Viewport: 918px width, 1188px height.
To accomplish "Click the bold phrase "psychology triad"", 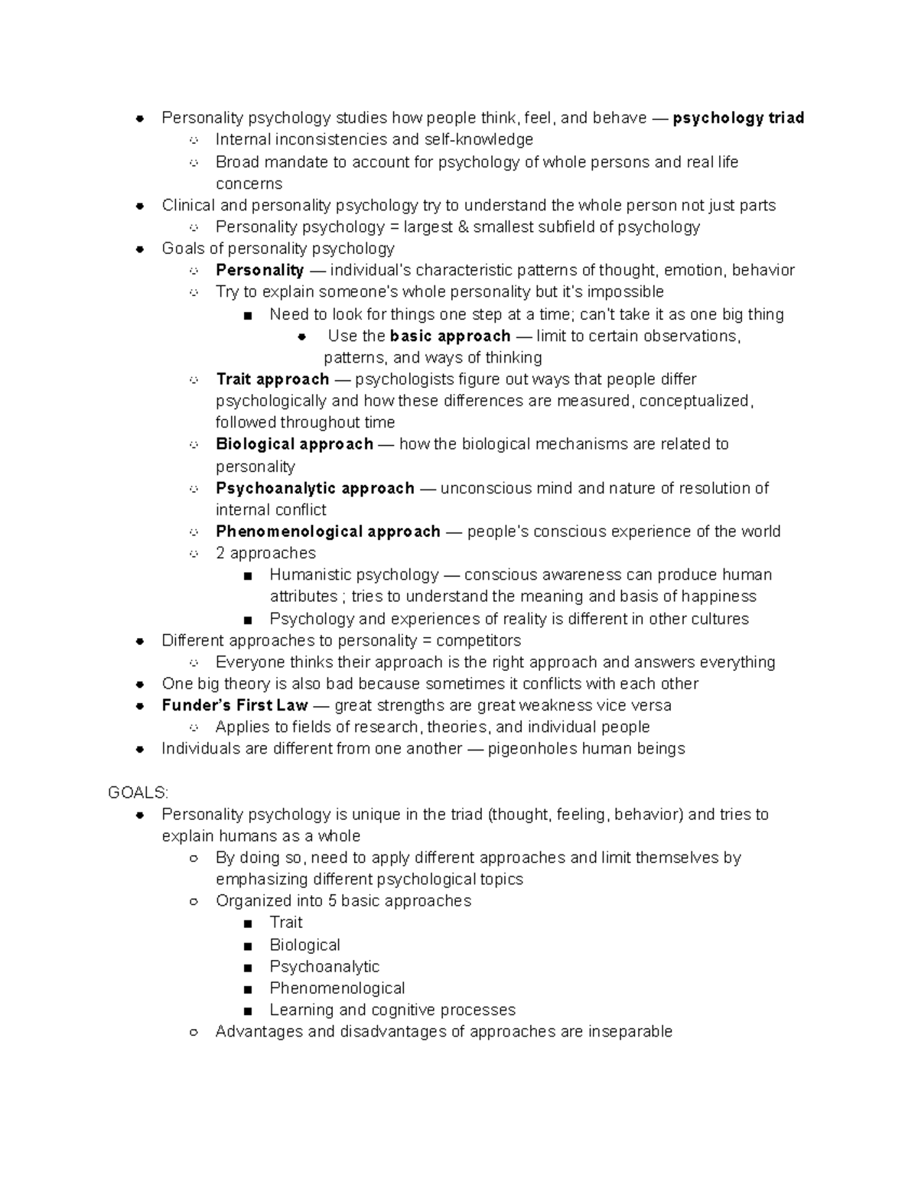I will click(x=737, y=118).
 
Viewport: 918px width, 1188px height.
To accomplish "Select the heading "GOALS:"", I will click(x=138, y=793).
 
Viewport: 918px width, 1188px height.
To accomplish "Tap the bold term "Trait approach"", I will click(x=272, y=379).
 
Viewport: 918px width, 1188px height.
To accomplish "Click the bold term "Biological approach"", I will click(x=295, y=444).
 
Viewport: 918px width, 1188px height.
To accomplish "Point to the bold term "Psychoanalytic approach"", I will click(x=315, y=488).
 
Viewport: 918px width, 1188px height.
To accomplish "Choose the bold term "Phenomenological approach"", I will click(x=328, y=532).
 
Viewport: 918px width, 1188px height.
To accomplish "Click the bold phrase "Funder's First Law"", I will click(x=235, y=705).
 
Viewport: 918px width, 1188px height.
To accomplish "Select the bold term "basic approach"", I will click(x=450, y=336).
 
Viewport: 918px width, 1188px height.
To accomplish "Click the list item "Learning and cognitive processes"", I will click(x=392, y=1010).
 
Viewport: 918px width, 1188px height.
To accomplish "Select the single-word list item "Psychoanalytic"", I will click(x=324, y=967).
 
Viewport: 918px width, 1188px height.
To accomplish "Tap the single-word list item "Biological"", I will click(x=304, y=946).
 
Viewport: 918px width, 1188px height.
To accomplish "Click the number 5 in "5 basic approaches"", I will click(x=333, y=901).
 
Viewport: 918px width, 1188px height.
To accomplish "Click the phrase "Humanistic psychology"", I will click(x=354, y=575).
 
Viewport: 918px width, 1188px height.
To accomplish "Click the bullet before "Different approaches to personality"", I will click(x=140, y=641).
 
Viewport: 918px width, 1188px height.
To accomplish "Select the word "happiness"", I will click(x=718, y=597).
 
